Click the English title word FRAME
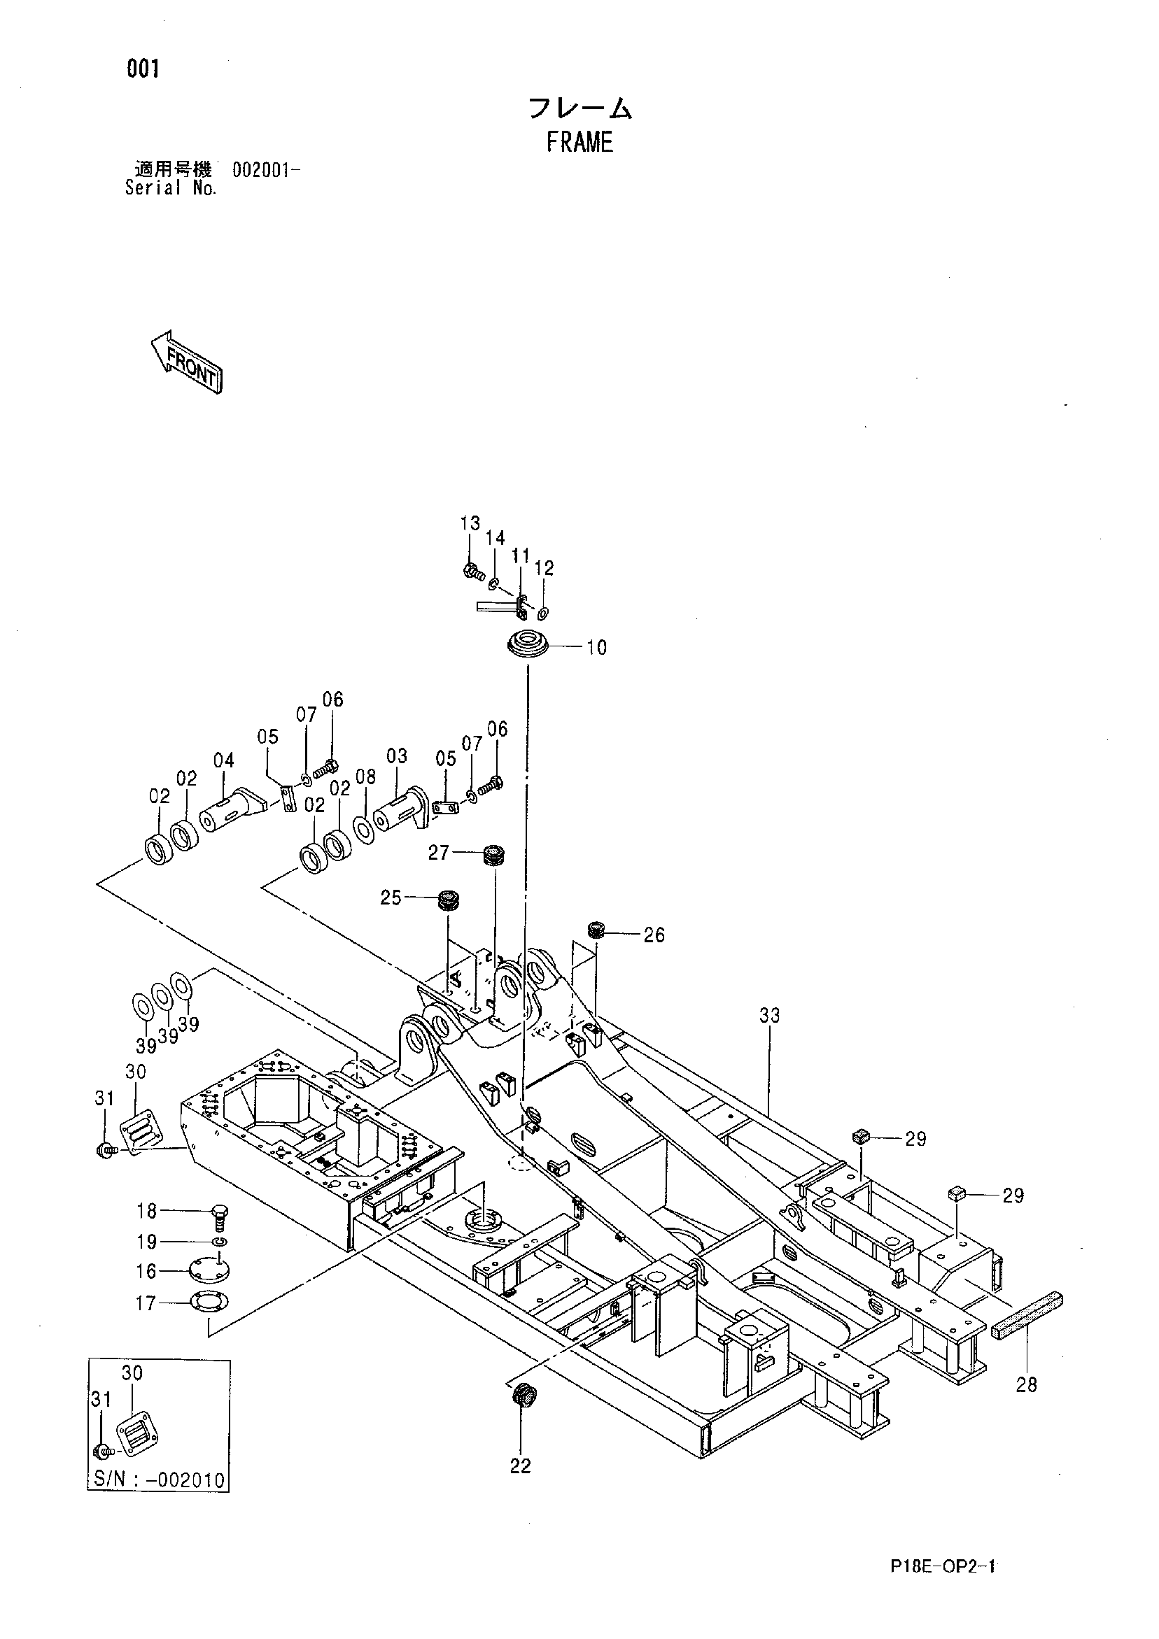tap(580, 143)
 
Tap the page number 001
tap(143, 69)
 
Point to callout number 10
tap(596, 648)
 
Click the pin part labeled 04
tap(231, 808)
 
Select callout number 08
tap(365, 776)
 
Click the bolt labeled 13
tap(471, 570)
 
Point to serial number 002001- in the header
tap(266, 171)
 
